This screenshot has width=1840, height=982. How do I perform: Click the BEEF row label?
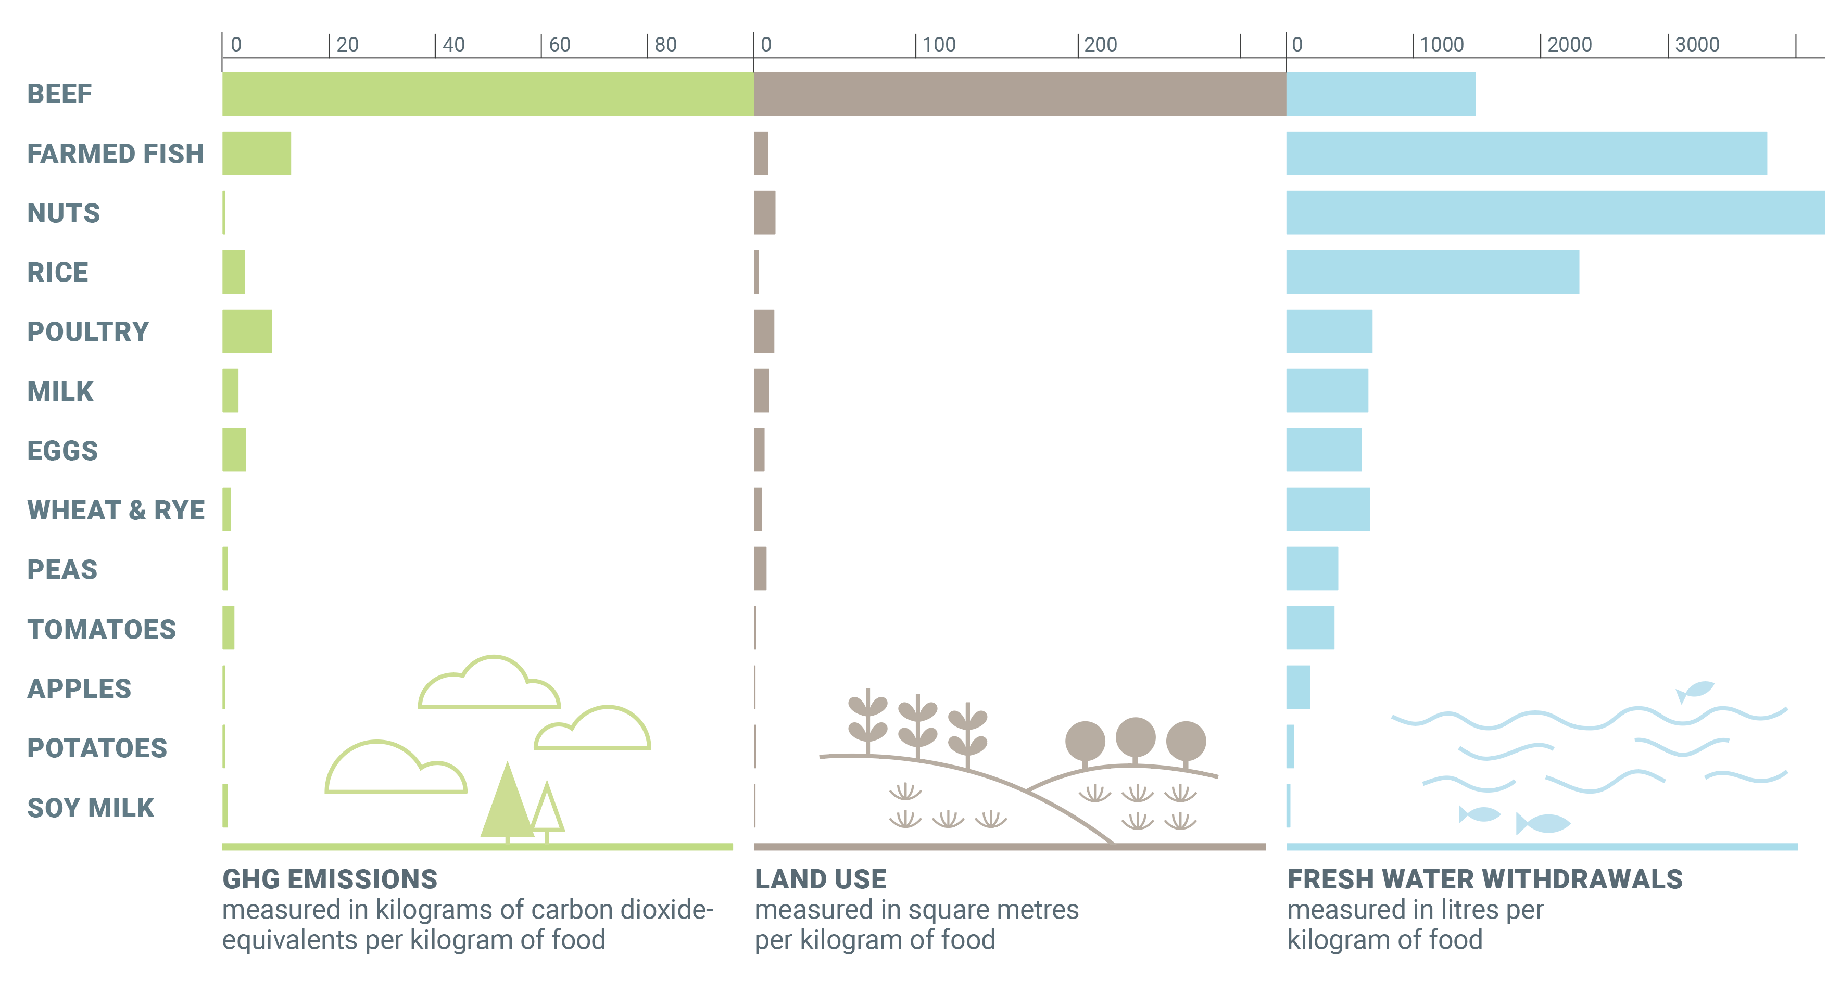pos(59,94)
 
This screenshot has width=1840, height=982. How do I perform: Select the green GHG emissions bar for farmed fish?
pos(257,153)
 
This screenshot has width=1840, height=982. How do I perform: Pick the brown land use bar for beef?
pos(1019,94)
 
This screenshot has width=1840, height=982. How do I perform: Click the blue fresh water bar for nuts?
pos(1555,212)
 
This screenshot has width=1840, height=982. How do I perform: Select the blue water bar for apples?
pos(1298,687)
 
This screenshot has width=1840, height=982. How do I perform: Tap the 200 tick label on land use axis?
pos(1100,44)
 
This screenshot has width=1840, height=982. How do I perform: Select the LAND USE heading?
pos(820,878)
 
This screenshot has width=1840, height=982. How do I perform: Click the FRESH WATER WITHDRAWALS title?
pos(1484,878)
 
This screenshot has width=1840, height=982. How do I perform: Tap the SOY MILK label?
pos(91,807)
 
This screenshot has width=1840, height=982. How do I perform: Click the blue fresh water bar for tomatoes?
pos(1310,628)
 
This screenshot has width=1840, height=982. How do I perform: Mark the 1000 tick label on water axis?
pos(1441,44)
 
